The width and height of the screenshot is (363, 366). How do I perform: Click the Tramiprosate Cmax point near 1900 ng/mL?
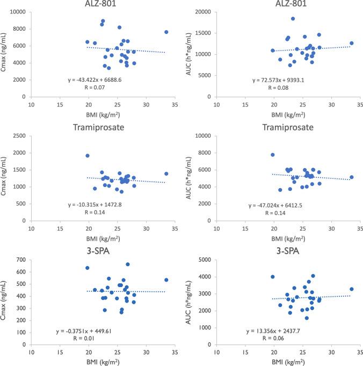88,156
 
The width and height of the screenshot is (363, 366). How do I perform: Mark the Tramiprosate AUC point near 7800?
273,155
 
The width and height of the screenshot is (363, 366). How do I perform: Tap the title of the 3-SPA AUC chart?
282,249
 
